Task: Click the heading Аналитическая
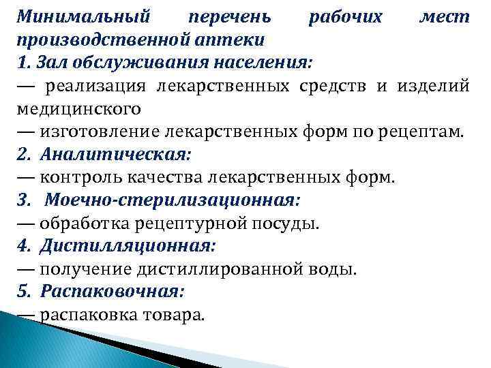tap(114, 155)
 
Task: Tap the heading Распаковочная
tap(113, 292)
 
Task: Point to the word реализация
tap(97, 86)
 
